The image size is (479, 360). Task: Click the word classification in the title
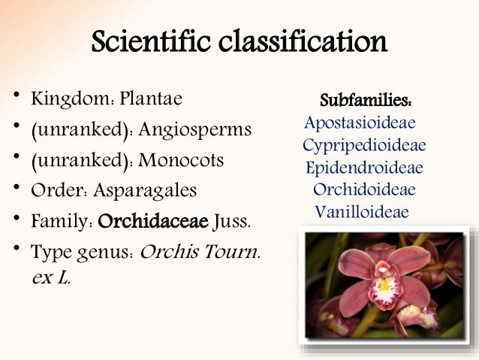point(302,43)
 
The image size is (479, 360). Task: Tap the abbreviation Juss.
point(233,222)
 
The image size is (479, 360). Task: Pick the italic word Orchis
point(170,251)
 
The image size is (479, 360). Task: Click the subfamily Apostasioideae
point(360,122)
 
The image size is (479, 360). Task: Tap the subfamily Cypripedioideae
point(364,144)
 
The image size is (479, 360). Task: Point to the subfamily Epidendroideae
point(364,167)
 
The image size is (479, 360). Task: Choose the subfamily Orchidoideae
point(364,189)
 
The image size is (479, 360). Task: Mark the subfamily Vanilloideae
point(362,212)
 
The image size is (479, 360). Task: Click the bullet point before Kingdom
point(14,97)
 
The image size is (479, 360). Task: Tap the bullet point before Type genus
point(14,250)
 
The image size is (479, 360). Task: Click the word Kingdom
point(63,99)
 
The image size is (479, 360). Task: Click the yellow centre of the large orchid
point(385,284)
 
